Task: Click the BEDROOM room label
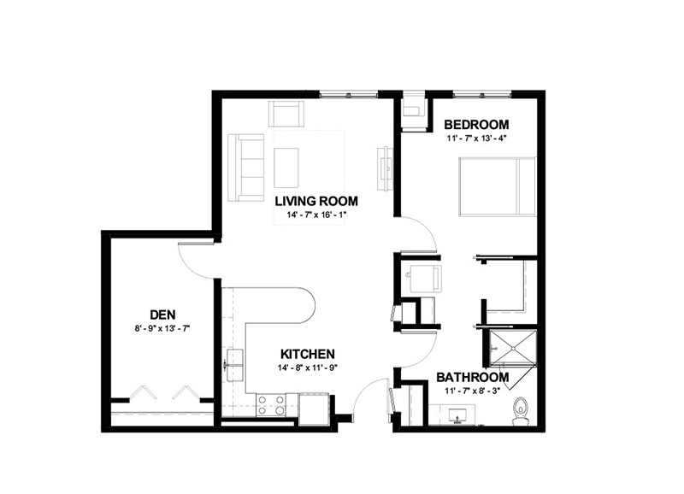[476, 125]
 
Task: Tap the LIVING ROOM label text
[316, 201]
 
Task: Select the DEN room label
[162, 315]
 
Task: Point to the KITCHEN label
[308, 354]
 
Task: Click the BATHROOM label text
[473, 377]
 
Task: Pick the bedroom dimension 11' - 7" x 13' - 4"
[476, 138]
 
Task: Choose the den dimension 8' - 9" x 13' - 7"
[162, 328]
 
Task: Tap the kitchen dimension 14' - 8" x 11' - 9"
[308, 368]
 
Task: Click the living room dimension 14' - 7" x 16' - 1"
[316, 215]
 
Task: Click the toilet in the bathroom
[521, 411]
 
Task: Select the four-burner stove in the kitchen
[271, 404]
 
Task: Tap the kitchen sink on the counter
[234, 365]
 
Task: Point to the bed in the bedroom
[497, 186]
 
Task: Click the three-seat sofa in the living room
[246, 168]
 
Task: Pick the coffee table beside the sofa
[286, 168]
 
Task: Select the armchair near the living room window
[286, 114]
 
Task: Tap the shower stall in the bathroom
[513, 348]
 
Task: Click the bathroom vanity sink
[457, 415]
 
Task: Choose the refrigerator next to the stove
[314, 409]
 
